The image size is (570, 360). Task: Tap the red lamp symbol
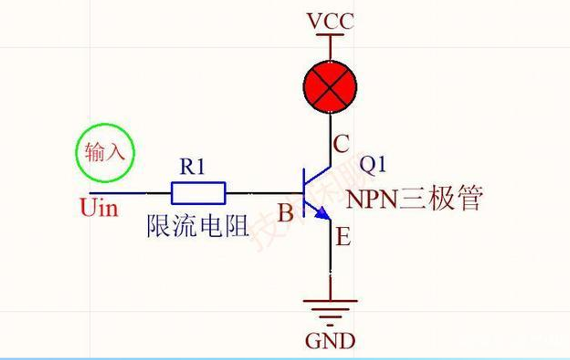coord(330,87)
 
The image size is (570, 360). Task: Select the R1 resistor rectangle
coord(198,193)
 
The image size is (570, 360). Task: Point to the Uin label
coord(99,208)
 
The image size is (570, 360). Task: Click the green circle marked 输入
coord(105,153)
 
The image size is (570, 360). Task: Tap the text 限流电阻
coord(198,226)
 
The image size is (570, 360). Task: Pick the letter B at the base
coord(285,213)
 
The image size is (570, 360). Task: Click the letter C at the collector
coord(341,143)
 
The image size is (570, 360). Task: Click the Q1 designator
coord(372,165)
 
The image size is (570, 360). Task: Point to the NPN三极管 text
coord(414,198)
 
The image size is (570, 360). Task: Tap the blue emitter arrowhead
coord(323,214)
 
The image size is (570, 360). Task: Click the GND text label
coord(330,341)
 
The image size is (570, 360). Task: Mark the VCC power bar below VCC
coord(330,35)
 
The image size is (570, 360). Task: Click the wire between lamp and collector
coord(331,138)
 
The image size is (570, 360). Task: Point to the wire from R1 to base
coord(264,193)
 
